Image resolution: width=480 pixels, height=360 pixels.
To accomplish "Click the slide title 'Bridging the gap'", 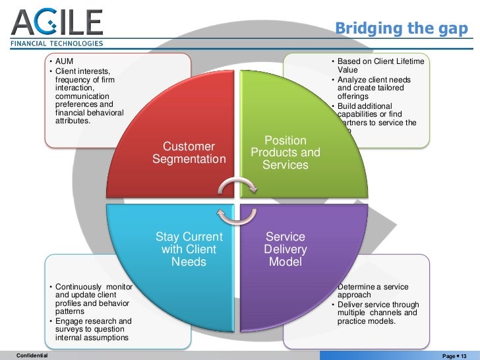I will pos(401,28).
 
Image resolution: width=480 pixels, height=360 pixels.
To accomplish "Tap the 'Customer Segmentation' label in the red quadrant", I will pos(189,153).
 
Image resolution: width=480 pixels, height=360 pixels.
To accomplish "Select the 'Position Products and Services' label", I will pos(285,153).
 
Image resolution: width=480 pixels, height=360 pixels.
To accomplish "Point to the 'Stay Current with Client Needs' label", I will pos(189,249).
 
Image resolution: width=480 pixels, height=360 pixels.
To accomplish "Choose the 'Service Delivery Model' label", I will pos(285,249).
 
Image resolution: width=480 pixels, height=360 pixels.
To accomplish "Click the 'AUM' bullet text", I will pos(65,61).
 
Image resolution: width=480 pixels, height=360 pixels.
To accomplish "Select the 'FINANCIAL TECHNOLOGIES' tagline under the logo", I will pos(57,44).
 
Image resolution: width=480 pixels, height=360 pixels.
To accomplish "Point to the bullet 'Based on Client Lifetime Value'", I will pos(380,65).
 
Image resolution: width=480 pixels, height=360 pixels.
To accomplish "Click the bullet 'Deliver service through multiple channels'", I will pos(378,313).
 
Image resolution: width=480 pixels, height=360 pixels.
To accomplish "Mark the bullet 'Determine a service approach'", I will pos(373,291).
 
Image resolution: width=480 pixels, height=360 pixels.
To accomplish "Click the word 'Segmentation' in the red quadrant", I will pos(189,160).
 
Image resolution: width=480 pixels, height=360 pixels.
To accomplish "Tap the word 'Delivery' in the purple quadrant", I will pos(285,249).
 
